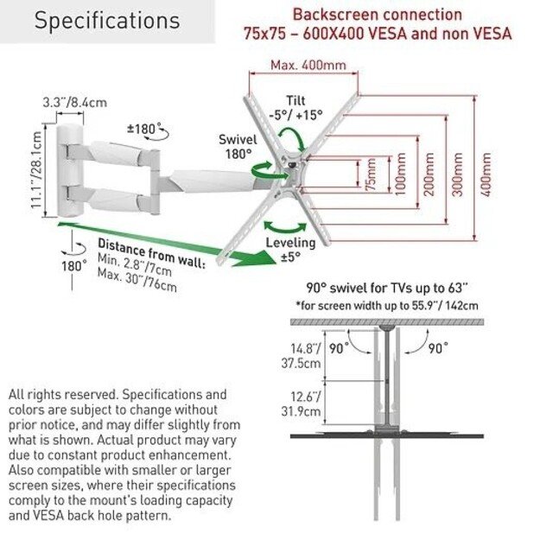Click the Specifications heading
pyautogui.click(x=107, y=21)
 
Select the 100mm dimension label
pyautogui.click(x=399, y=176)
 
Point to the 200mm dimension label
pyautogui.click(x=429, y=176)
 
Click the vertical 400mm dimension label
pyautogui.click(x=486, y=176)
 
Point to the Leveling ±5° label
pyautogui.click(x=290, y=249)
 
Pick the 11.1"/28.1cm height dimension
pyautogui.click(x=37, y=170)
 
